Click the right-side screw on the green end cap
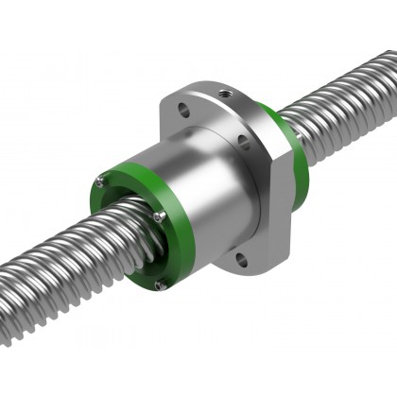(160, 216)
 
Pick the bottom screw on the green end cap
(162, 281)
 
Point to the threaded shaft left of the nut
(57, 265)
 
